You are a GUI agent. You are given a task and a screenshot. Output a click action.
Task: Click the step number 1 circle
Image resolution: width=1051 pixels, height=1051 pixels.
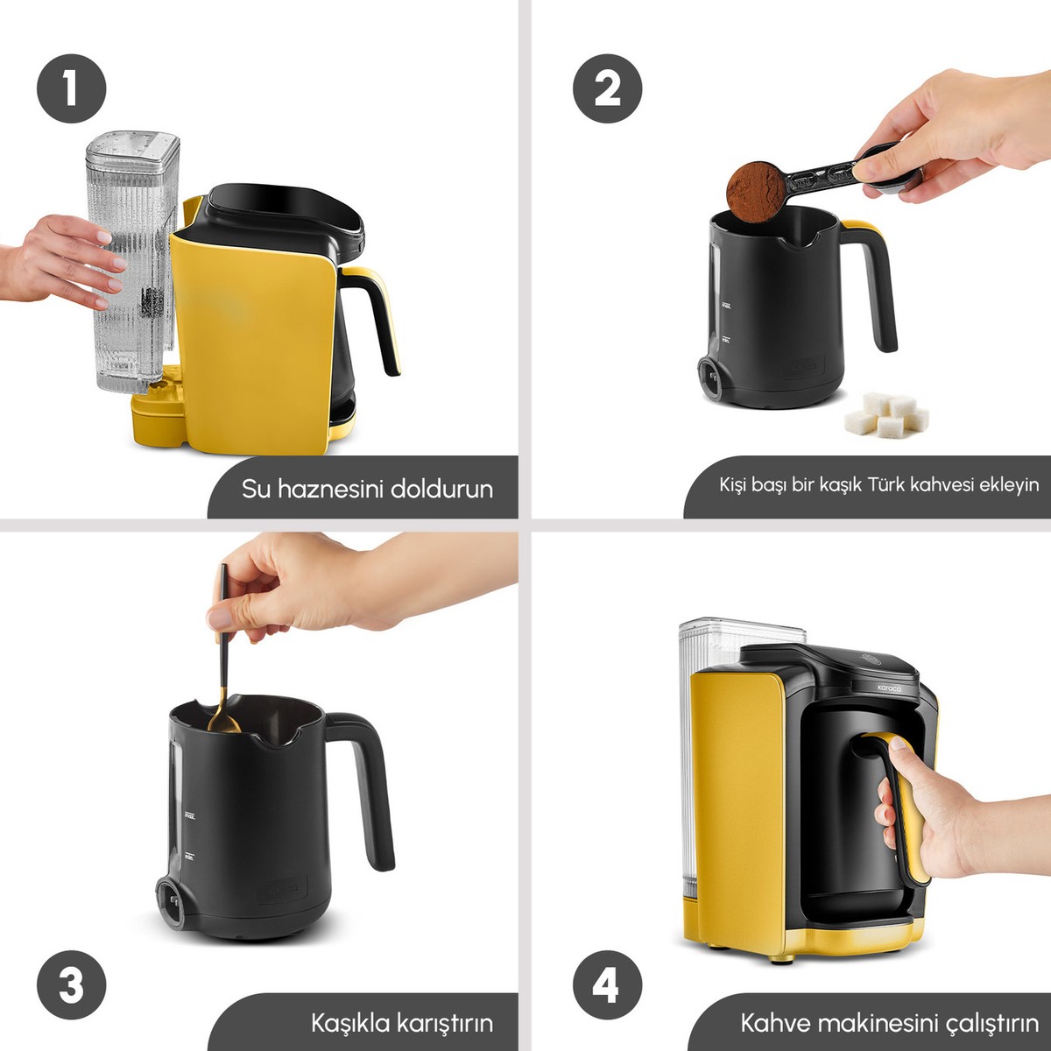coord(72,88)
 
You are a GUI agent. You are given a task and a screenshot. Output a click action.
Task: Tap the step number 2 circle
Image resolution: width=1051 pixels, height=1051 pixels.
coord(607,88)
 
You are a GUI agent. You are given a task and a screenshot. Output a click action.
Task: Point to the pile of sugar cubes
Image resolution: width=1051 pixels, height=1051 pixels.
coord(886,415)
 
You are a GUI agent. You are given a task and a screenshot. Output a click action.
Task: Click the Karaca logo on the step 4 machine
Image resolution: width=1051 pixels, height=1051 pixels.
coord(890,688)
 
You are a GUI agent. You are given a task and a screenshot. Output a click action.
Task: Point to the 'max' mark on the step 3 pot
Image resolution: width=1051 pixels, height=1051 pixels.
coord(190,816)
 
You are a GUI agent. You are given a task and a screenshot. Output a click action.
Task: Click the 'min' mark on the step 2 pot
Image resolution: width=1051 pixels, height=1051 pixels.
coord(725,340)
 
